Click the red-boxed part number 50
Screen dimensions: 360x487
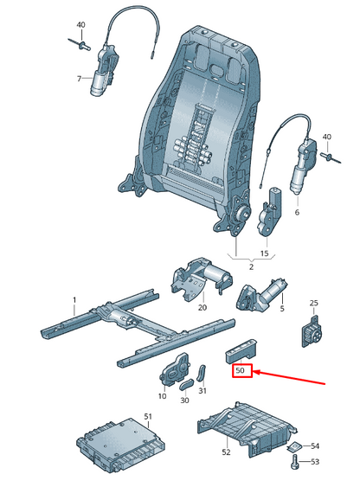tap(240, 370)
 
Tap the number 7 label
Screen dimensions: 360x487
tap(79, 79)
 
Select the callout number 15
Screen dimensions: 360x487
tap(264, 253)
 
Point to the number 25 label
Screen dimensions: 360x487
tap(314, 303)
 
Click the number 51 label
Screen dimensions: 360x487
tap(148, 416)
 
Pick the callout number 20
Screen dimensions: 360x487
tap(202, 307)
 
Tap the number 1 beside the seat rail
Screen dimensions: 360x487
tap(74, 300)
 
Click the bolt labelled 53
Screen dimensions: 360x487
tap(294, 463)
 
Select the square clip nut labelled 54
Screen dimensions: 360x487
tap(294, 447)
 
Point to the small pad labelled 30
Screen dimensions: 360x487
tap(186, 385)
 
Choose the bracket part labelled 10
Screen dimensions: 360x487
tap(175, 369)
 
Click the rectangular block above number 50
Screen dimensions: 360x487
tap(241, 351)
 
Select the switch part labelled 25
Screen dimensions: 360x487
tap(312, 331)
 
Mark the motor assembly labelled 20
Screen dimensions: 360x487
tap(201, 277)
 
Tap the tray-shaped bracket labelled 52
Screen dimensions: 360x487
tap(247, 426)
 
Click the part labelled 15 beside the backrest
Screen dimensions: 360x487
tap(270, 211)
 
